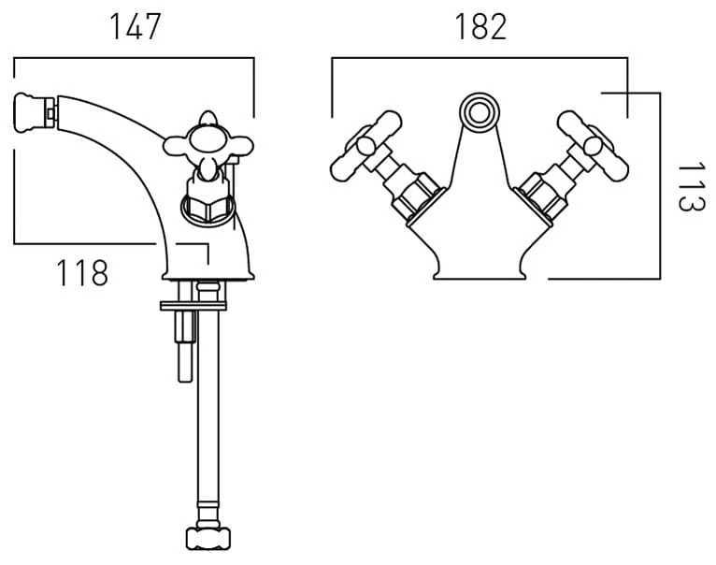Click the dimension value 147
click(x=135, y=27)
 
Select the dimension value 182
click(x=480, y=27)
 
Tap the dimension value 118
click(x=82, y=273)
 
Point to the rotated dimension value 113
click(x=691, y=186)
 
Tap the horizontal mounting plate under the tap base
click(x=194, y=304)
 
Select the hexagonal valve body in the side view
click(x=207, y=199)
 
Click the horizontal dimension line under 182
click(x=480, y=58)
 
